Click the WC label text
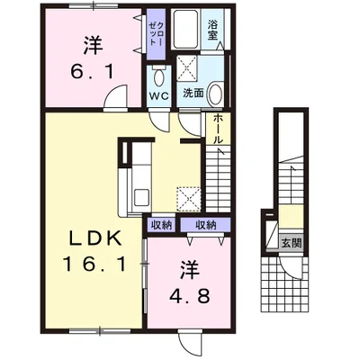pyautogui.click(x=159, y=96)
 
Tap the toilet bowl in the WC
pyautogui.click(x=158, y=76)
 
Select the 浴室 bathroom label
pyautogui.click(x=212, y=30)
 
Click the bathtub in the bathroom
pyautogui.click(x=185, y=29)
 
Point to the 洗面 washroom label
pyautogui.click(x=193, y=94)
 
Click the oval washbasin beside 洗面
pyautogui.click(x=214, y=94)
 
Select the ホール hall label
pyautogui.click(x=218, y=129)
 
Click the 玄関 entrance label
pyautogui.click(x=291, y=243)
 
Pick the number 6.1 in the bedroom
pyautogui.click(x=93, y=72)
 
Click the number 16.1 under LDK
pyautogui.click(x=94, y=265)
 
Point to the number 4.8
pyautogui.click(x=189, y=296)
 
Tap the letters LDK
pyautogui.click(x=95, y=239)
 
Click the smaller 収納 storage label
pyautogui.click(x=162, y=225)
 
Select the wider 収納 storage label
pyautogui.click(x=206, y=225)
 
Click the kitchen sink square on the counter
pyautogui.click(x=140, y=198)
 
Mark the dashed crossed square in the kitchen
pyautogui.click(x=188, y=199)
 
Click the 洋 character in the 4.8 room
pyautogui.click(x=190, y=270)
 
